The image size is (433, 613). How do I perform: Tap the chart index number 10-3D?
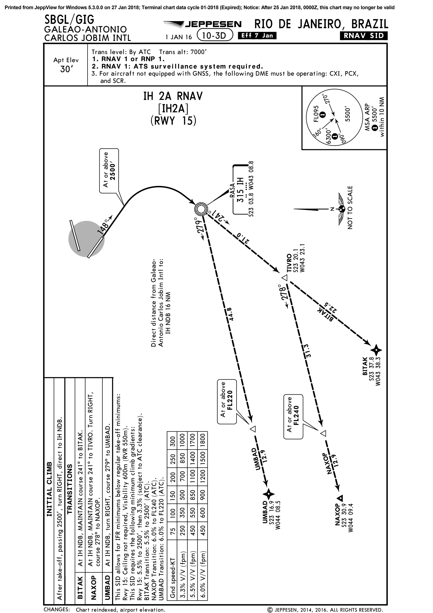coord(214,36)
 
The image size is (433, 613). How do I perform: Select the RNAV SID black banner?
coord(363,36)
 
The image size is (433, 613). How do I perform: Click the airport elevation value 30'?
coord(66,69)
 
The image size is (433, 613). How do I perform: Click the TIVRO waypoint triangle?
coord(285,278)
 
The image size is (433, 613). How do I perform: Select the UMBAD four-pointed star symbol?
coord(269,495)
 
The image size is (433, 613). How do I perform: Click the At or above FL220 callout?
coord(227,402)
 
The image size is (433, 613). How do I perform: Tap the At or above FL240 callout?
coord(293,417)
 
